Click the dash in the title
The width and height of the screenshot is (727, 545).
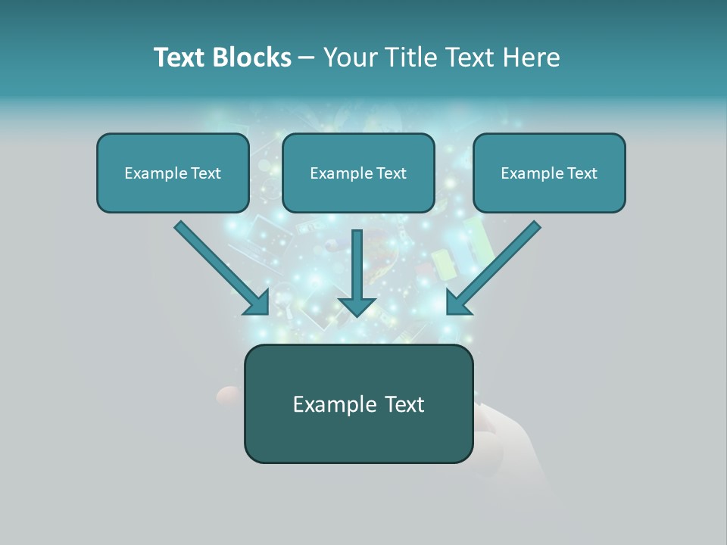click(x=307, y=58)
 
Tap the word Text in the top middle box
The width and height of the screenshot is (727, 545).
click(x=391, y=173)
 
